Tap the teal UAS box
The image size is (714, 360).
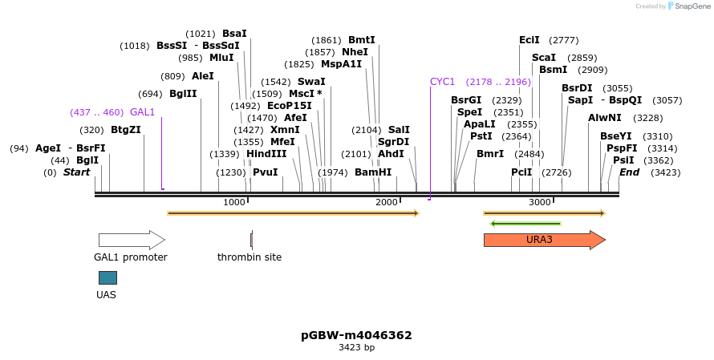click(108, 277)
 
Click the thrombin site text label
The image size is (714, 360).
click(249, 257)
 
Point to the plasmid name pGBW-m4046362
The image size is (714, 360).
click(356, 335)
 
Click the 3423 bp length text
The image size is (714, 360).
click(356, 348)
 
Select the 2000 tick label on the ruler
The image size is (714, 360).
click(386, 202)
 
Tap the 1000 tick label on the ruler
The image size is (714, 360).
click(233, 202)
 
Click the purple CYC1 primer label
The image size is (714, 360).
click(442, 82)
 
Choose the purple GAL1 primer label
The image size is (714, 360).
click(142, 112)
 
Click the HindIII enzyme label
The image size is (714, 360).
click(266, 154)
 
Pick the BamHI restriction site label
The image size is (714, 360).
click(373, 172)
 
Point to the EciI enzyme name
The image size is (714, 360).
click(529, 40)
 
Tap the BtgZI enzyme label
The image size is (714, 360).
click(126, 130)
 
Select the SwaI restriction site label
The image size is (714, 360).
click(311, 82)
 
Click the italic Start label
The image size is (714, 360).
click(76, 172)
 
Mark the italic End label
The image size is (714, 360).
click(630, 172)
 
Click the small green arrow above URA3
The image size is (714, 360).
click(525, 223)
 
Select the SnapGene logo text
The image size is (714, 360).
click(691, 6)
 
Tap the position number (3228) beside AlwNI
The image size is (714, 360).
click(648, 118)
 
